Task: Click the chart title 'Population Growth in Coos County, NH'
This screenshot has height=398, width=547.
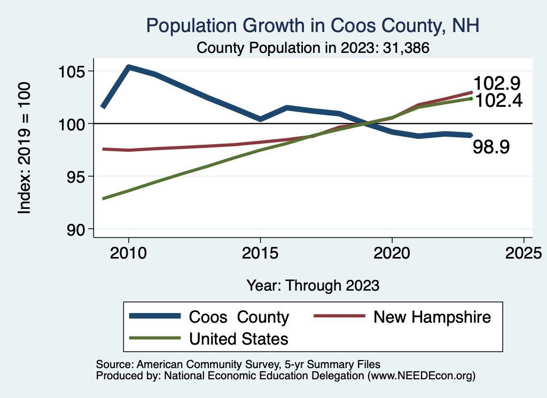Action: tap(312, 25)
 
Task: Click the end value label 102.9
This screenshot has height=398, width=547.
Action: tap(498, 84)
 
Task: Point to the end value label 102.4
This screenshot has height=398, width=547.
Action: tap(498, 100)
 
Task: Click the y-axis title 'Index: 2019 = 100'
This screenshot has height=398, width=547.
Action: tap(25, 149)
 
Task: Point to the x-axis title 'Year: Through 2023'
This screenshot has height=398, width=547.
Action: tap(313, 285)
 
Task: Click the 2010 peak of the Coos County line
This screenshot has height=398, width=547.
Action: tap(129, 67)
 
